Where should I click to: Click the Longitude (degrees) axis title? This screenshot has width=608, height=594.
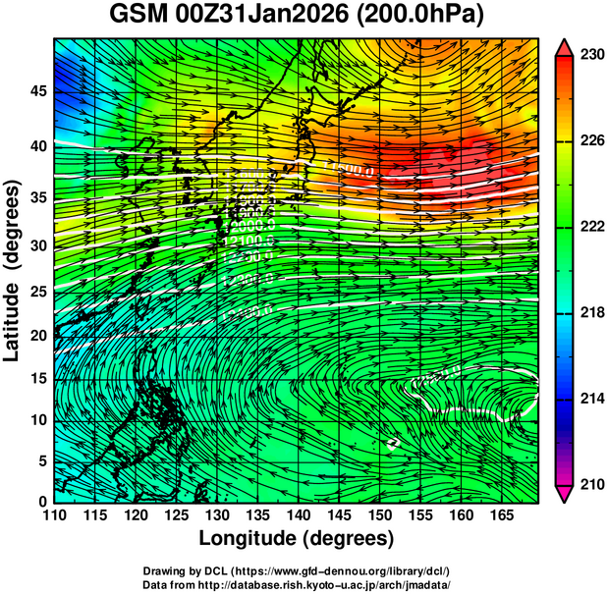(297, 539)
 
